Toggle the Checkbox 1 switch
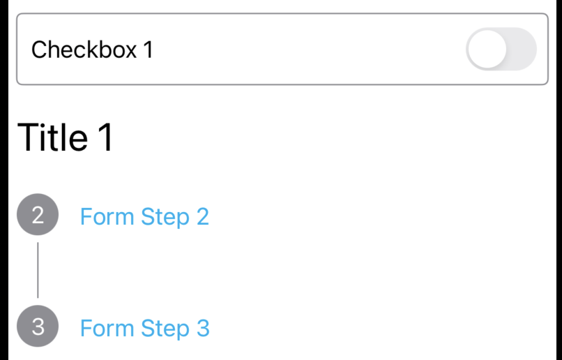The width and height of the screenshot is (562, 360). coord(501,49)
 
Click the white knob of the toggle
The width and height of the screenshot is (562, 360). coord(487,49)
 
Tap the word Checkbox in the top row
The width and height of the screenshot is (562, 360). coord(84,49)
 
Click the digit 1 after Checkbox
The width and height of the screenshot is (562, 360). coord(149,50)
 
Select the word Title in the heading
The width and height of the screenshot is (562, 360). coord(52,137)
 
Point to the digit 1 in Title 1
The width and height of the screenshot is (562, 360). coord(106,137)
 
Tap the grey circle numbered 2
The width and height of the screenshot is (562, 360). coord(38,214)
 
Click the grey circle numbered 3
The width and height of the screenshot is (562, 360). coord(38,326)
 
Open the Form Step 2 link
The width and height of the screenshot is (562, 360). coord(144,217)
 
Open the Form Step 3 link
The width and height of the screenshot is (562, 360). coord(145,328)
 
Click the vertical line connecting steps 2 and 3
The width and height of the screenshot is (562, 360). coord(38,270)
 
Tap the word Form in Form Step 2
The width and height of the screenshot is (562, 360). coord(107,216)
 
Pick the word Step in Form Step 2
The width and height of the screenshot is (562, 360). coord(165,217)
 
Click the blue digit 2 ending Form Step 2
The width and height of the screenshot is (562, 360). coord(202,216)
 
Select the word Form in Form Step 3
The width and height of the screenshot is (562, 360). coord(107,328)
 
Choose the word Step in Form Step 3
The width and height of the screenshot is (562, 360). coord(165,329)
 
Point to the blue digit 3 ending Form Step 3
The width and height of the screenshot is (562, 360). coord(203,328)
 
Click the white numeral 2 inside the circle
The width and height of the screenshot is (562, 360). coord(38,215)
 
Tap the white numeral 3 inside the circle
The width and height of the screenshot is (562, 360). coord(38,327)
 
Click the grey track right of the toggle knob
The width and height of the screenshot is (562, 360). coord(522,49)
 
